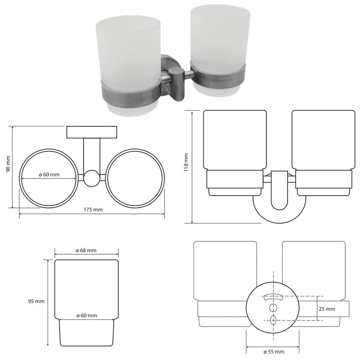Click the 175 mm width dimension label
[x=93, y=209]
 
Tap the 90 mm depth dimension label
[x=8, y=164]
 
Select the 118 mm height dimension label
[x=186, y=162]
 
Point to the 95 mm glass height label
[x=36, y=301]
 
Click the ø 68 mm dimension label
[x=86, y=250]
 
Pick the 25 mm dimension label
[x=327, y=309]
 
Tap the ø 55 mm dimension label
[x=274, y=352]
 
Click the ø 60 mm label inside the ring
[x=49, y=174]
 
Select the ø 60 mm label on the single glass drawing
[x=87, y=315]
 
